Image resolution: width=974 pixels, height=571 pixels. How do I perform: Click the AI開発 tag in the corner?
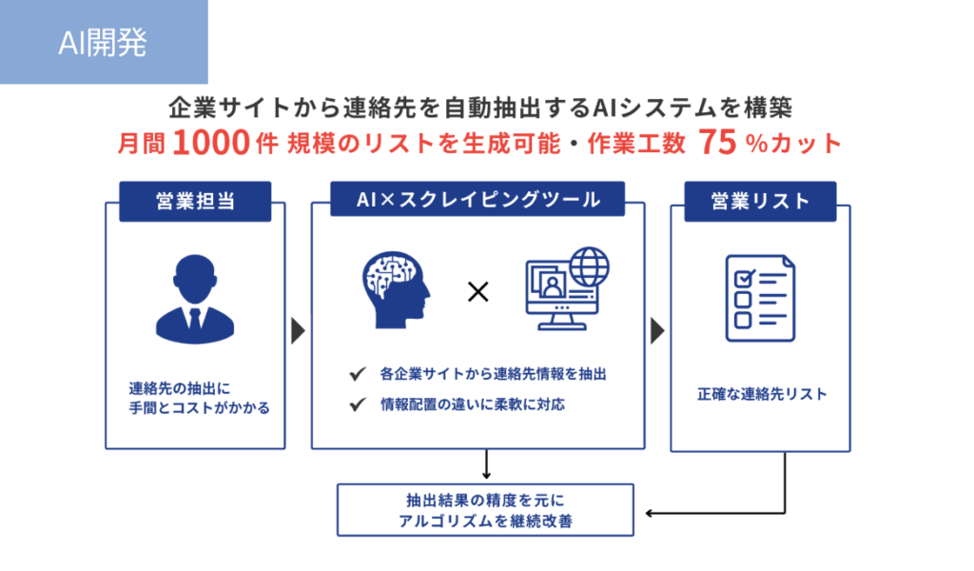[x=104, y=42]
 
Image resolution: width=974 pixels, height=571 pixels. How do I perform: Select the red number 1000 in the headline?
[x=211, y=143]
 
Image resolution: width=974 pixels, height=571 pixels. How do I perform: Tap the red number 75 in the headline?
[x=717, y=143]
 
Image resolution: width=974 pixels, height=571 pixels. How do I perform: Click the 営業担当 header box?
[x=195, y=202]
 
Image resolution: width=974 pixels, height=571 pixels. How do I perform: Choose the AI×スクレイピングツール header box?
[x=477, y=200]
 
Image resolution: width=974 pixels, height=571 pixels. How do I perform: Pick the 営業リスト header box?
[x=760, y=202]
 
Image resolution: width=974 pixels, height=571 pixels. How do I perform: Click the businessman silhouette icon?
[x=195, y=299]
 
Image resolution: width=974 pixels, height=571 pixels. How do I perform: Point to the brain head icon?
[x=396, y=289]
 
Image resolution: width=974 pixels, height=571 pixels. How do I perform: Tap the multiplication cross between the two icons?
[x=477, y=291]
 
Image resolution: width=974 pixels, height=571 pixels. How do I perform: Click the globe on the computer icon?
[x=590, y=266]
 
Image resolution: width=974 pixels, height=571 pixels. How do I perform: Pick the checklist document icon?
[x=760, y=298]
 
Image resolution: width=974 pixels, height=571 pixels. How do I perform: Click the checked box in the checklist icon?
[x=744, y=278]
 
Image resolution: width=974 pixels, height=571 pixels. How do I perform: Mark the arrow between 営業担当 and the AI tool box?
[x=298, y=330]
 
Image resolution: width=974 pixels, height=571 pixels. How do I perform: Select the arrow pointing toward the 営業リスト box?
[x=658, y=330]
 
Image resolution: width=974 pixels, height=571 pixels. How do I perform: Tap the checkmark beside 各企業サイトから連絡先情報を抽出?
[x=358, y=374]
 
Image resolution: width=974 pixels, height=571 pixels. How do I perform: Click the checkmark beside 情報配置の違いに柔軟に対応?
[x=358, y=405]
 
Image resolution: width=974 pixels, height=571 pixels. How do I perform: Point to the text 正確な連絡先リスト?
[x=762, y=394]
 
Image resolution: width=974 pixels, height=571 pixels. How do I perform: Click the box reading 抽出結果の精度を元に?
[x=485, y=510]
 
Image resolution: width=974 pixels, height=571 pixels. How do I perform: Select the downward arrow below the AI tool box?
[x=486, y=464]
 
